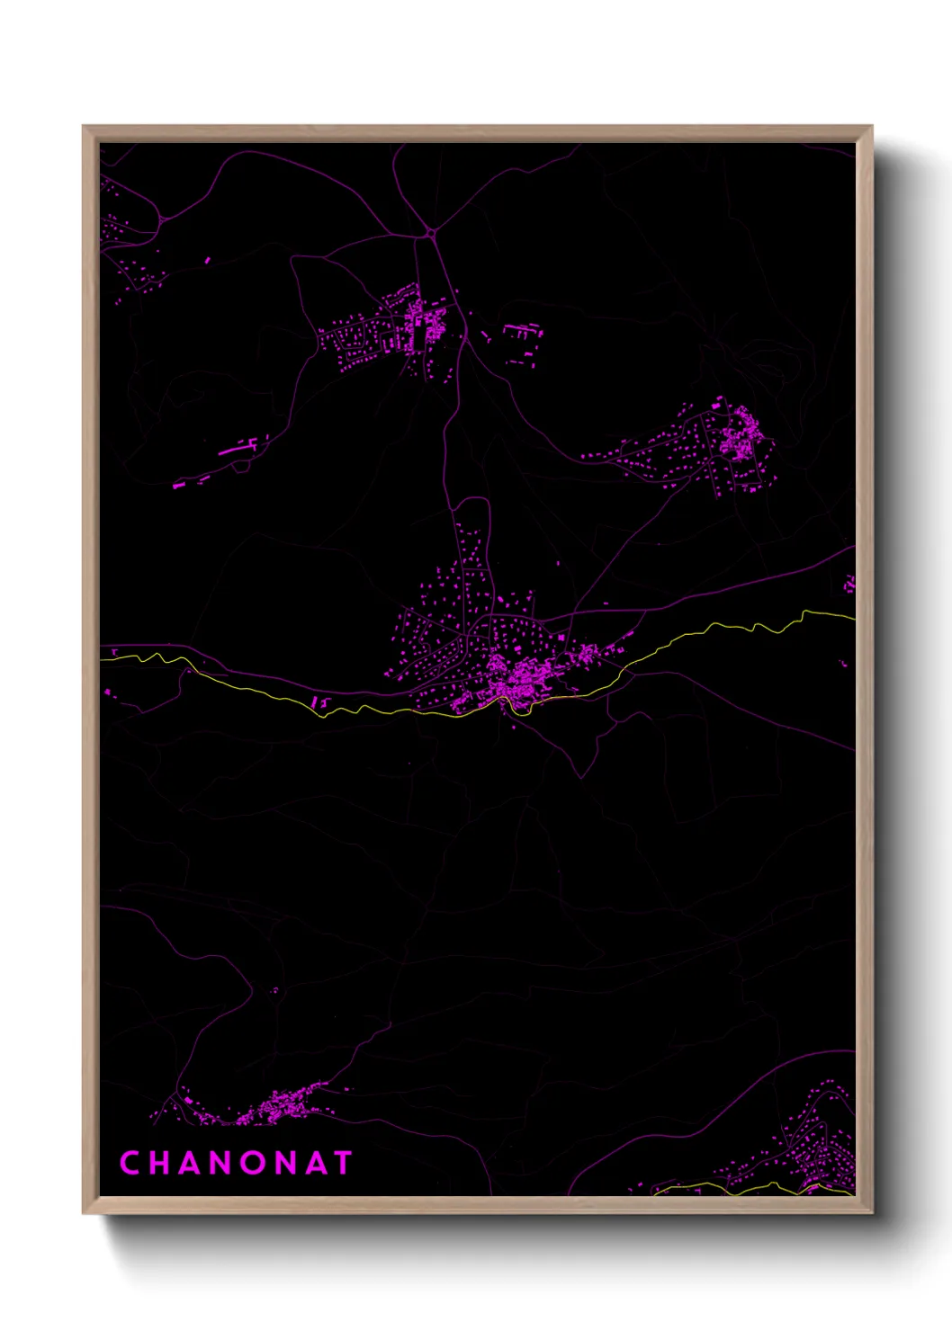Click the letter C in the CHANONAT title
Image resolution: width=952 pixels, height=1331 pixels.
[129, 1163]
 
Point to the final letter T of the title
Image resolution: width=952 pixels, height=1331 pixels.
[343, 1163]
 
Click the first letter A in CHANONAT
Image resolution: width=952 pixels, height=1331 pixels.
[188, 1163]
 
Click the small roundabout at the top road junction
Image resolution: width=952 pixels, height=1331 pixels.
[432, 233]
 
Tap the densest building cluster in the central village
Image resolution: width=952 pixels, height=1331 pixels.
[517, 676]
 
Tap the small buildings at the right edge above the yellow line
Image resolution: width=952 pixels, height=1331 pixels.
[848, 586]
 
